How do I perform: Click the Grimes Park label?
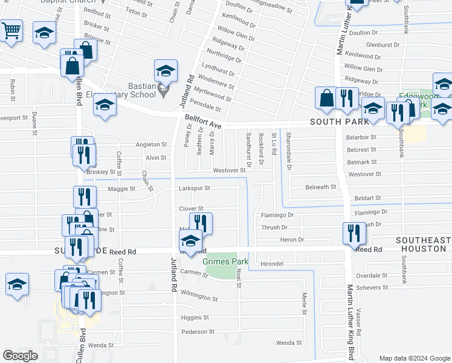tap(225, 262)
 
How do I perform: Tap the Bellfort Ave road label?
tap(204, 122)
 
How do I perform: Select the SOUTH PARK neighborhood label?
tap(339, 122)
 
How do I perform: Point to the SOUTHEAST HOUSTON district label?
tap(423, 244)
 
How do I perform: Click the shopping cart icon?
tap(11, 31)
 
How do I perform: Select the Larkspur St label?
tap(193, 188)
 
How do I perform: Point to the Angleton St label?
tap(151, 145)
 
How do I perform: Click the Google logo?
tap(20, 356)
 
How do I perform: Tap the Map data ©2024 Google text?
tap(415, 358)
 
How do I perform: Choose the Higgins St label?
tap(195, 317)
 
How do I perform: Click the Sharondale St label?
tap(289, 151)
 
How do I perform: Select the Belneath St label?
tap(320, 188)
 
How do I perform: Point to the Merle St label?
tap(305, 302)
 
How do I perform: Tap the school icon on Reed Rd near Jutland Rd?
tap(191, 241)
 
